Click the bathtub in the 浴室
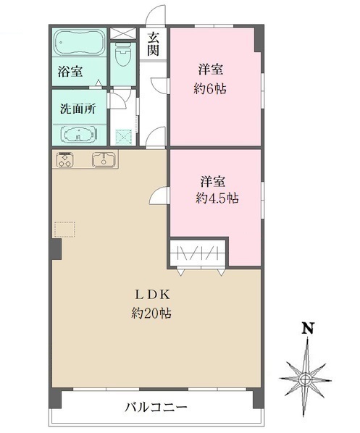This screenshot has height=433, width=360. (x=78, y=44)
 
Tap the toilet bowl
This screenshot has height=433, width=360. (x=122, y=53)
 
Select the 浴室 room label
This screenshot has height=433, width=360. (x=71, y=72)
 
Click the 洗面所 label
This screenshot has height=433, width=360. (x=77, y=112)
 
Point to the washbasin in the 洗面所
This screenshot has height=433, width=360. (x=77, y=134)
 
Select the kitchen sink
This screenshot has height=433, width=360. (x=104, y=160)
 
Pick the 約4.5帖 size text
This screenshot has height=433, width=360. (x=217, y=198)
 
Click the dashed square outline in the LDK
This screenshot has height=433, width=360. (x=64, y=230)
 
